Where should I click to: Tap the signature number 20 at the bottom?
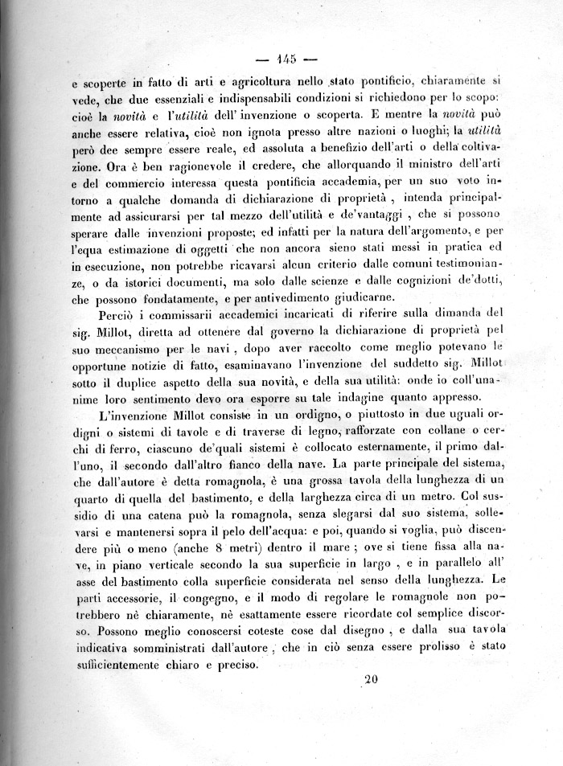(x=370, y=679)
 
